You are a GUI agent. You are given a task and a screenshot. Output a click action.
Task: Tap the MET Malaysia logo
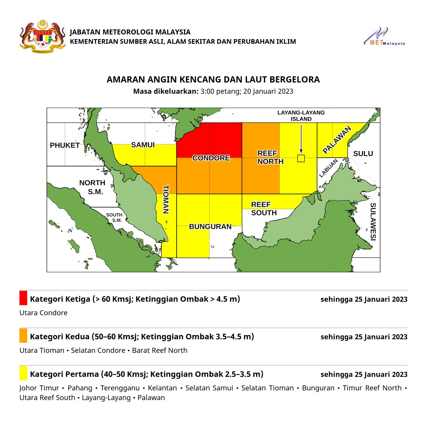pyautogui.click(x=384, y=37)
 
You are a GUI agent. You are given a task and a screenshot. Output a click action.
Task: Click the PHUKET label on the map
pyautogui.click(x=65, y=146)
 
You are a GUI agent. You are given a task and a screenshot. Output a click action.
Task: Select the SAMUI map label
pyautogui.click(x=143, y=145)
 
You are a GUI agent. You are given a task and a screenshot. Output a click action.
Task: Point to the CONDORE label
pyautogui.click(x=211, y=158)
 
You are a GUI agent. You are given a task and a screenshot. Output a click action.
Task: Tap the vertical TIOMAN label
pyautogui.click(x=166, y=199)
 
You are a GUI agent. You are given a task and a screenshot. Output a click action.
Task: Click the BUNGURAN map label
pyautogui.click(x=210, y=227)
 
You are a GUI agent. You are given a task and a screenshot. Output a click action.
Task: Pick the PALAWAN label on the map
pyautogui.click(x=337, y=140)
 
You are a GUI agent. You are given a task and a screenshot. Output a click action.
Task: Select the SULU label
pyautogui.click(x=363, y=154)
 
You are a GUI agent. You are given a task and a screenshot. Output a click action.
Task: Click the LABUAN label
pyautogui.click(x=326, y=169)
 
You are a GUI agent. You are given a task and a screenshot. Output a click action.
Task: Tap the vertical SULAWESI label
pyautogui.click(x=373, y=222)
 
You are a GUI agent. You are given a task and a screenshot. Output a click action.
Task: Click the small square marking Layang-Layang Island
pyautogui.click(x=301, y=158)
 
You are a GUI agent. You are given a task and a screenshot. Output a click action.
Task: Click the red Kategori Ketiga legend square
pyautogui.click(x=23, y=298)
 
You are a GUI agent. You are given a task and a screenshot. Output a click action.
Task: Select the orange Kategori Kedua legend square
pyautogui.click(x=23, y=335)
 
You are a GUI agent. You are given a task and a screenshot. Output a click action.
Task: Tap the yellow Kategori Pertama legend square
pyautogui.click(x=23, y=373)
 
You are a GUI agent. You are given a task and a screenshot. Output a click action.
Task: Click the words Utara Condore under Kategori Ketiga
pyautogui.click(x=43, y=313)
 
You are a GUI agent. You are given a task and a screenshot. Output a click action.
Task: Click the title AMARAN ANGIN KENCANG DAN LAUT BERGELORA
pyautogui.click(x=213, y=80)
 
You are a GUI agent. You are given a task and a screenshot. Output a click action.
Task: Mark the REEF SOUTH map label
pyautogui.click(x=264, y=209)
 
